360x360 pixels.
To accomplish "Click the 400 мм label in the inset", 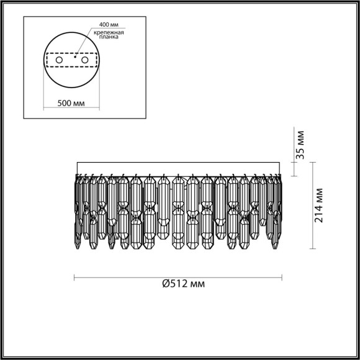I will coord(107,25).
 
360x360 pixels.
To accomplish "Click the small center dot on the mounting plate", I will coord(75,56).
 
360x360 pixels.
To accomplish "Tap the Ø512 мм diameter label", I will coord(184,284).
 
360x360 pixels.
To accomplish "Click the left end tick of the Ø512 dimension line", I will coord(75,276).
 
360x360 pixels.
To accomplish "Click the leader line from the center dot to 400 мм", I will coord(87,41).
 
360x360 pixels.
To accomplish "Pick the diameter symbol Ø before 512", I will coord(166,284).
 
